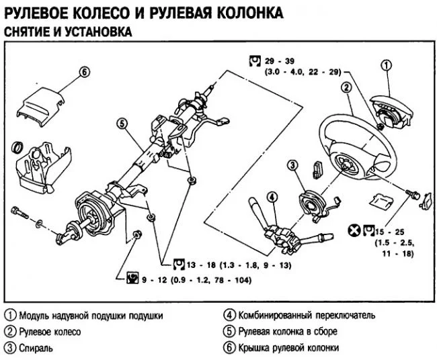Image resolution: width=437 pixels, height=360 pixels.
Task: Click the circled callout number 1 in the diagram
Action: [x=386, y=65]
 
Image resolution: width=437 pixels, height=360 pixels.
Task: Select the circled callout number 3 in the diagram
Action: [x=292, y=165]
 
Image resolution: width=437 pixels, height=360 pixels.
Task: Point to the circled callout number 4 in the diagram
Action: [x=272, y=197]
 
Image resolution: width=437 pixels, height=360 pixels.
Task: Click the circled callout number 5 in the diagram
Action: [x=122, y=124]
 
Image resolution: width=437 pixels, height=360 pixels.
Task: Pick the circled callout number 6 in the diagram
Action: [x=83, y=73]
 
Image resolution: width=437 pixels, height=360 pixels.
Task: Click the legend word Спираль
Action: [x=36, y=348]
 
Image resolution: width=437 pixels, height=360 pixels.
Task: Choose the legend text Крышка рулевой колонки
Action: [x=288, y=348]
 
